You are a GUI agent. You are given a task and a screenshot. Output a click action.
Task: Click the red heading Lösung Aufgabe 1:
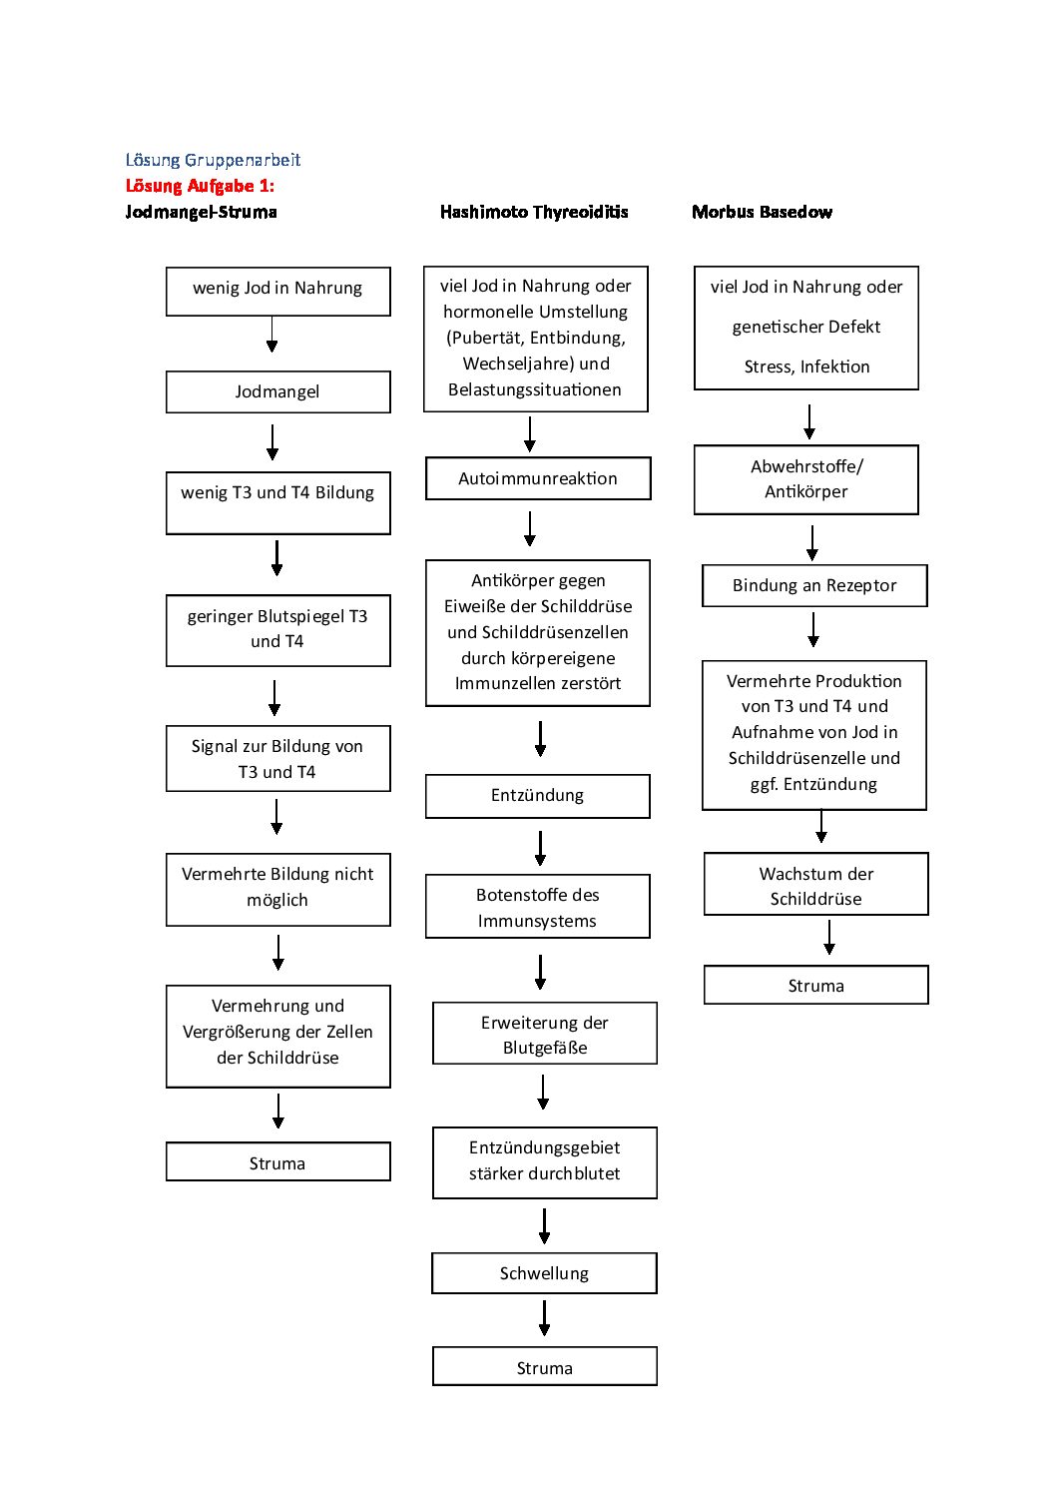[x=200, y=186]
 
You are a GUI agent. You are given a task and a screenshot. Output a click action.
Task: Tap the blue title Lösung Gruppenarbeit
[x=213, y=160]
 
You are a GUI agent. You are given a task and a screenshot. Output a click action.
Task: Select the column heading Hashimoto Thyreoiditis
[x=534, y=213]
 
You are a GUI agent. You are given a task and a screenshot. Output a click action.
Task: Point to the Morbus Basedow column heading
[x=762, y=213]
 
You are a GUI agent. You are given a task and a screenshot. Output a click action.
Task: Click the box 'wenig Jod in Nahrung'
[x=278, y=292]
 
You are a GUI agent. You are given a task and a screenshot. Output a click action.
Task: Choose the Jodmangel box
[x=278, y=391]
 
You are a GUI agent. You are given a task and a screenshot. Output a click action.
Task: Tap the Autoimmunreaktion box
[x=538, y=478]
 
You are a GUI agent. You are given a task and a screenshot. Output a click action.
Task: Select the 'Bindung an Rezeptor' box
[x=814, y=586]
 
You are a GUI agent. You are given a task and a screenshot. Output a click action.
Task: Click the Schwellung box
[x=544, y=1273]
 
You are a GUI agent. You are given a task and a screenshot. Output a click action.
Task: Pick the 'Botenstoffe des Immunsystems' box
[x=538, y=907]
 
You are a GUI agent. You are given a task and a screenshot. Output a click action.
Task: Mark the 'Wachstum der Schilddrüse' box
[x=815, y=884]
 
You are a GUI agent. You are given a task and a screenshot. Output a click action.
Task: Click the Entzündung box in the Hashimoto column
[x=538, y=796]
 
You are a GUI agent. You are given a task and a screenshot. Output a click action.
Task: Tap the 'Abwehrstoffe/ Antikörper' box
[x=805, y=480]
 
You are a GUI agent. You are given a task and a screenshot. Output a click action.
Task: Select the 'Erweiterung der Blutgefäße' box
[x=544, y=1034]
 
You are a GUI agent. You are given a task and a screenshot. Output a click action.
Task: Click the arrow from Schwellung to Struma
[x=544, y=1318]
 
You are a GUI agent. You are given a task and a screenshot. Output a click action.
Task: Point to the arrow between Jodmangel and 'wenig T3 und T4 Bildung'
[x=272, y=441]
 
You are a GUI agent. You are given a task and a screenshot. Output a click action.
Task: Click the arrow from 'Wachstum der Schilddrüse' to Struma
[x=829, y=937]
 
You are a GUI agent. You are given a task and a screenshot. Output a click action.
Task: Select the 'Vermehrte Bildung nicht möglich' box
[x=278, y=890]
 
